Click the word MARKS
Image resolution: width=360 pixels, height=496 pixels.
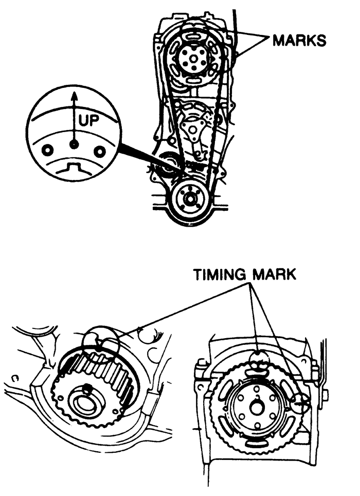[299, 41]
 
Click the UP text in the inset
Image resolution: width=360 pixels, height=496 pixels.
[88, 120]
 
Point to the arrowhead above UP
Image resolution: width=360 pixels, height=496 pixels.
[74, 96]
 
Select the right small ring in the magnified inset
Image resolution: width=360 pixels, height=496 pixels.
[100, 152]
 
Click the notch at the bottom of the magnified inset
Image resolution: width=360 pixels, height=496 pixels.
[74, 167]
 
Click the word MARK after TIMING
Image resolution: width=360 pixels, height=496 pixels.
[274, 274]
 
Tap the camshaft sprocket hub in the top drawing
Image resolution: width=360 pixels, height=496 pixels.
[193, 58]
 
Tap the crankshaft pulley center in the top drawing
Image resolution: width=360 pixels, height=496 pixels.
[190, 199]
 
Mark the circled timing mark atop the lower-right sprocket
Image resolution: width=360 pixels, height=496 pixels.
[259, 361]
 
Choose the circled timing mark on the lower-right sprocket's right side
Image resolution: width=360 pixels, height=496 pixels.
[300, 403]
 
